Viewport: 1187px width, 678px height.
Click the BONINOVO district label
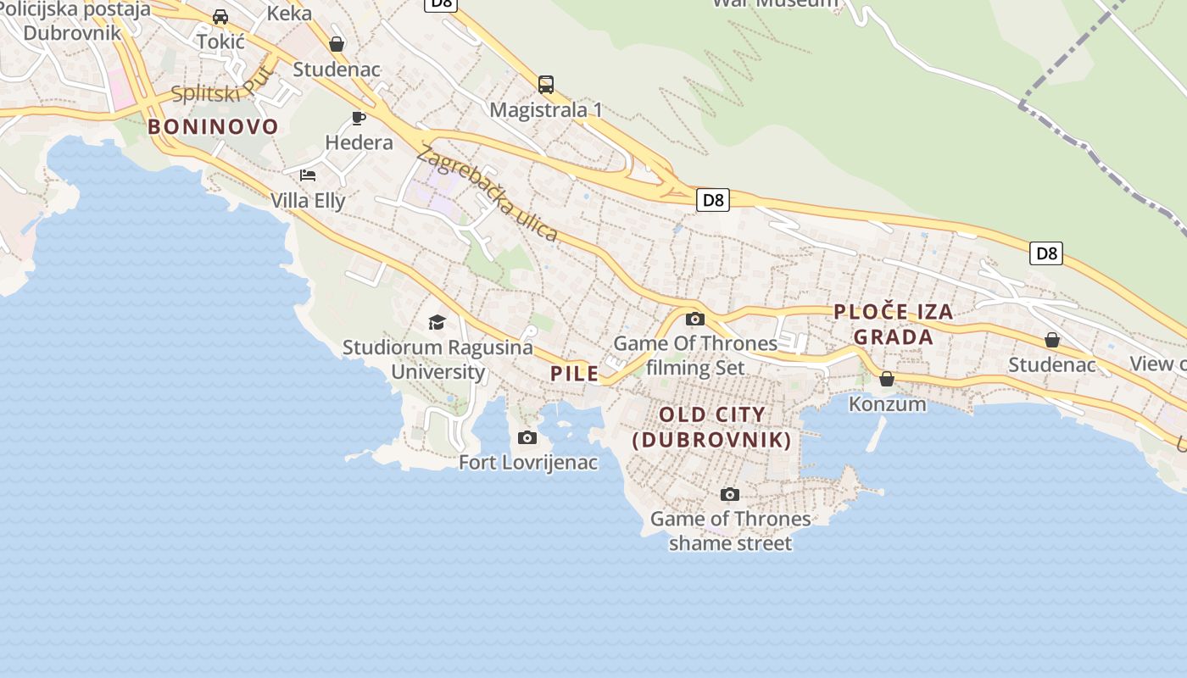tap(213, 127)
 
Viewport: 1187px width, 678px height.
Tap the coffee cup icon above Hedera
tap(358, 118)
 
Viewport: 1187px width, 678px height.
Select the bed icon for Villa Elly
tap(308, 175)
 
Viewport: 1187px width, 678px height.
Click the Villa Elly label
tap(308, 201)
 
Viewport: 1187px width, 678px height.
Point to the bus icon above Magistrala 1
tap(546, 85)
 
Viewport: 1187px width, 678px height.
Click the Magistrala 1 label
tap(546, 110)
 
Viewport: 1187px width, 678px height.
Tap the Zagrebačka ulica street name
tap(488, 195)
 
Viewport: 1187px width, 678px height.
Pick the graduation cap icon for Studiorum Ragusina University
tap(437, 322)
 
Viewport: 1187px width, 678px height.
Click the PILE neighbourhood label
tap(574, 374)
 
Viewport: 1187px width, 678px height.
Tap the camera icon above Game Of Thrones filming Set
tap(695, 319)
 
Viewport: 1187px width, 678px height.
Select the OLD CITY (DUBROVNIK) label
tap(712, 427)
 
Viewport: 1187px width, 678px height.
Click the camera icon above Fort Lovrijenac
tap(527, 437)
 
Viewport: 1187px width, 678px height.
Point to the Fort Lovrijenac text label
tap(528, 463)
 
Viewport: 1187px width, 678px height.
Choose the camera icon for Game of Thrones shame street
tap(729, 494)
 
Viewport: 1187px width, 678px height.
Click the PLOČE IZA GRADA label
tap(894, 325)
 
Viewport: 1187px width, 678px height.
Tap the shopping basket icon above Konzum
tap(887, 378)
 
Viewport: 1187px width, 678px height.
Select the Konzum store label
tap(888, 404)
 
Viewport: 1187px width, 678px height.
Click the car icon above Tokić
tap(220, 17)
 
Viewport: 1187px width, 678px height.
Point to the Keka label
tap(289, 14)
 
